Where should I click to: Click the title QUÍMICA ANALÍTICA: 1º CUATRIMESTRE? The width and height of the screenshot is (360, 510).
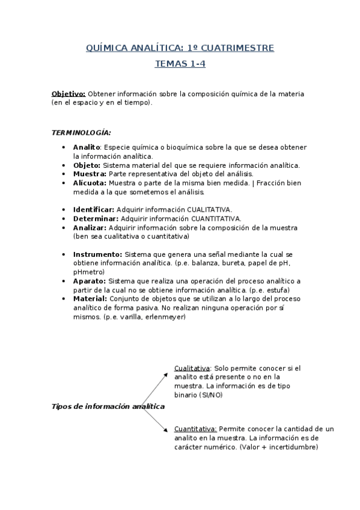tap(180, 48)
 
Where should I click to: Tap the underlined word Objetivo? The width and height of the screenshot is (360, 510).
tap(69, 94)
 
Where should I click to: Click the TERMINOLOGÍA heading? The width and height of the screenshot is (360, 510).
tap(81, 132)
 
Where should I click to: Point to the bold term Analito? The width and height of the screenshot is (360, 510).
tap(86, 147)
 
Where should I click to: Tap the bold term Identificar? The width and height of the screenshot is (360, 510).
tap(94, 209)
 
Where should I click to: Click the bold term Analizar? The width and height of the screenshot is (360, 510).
tap(90, 227)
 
